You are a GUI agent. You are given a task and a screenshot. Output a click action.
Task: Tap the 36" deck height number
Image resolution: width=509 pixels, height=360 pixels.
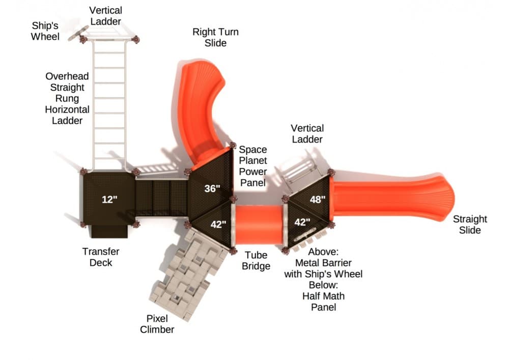tap(212, 189)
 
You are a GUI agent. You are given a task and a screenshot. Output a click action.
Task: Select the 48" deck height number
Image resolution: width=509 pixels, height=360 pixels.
tap(317, 200)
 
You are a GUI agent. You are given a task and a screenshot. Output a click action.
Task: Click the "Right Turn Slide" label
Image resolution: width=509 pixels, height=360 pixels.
tap(215, 38)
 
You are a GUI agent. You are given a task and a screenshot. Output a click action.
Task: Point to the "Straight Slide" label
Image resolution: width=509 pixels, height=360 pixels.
tap(470, 225)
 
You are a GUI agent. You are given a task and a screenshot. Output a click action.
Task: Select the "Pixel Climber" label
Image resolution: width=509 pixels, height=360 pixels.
tap(157, 324)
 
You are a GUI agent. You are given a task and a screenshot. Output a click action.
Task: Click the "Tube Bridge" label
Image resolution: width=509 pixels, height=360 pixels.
tap(257, 261)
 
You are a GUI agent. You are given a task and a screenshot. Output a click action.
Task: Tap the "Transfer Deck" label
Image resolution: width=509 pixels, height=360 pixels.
tap(101, 257)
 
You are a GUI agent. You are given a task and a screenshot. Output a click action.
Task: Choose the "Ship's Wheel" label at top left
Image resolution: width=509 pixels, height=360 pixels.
tap(45, 31)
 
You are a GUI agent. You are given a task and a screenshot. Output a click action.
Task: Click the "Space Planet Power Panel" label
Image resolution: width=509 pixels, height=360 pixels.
tap(253, 166)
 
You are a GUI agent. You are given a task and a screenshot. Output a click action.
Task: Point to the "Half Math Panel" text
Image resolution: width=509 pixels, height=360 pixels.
tap(324, 302)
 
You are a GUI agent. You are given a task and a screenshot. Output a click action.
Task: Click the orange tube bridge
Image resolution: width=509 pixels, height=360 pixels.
tap(259, 225)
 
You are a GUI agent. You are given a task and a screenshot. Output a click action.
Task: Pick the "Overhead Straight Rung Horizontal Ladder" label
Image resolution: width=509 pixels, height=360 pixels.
tap(67, 98)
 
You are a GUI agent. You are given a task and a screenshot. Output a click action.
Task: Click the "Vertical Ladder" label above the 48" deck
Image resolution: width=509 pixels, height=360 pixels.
tap(307, 133)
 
